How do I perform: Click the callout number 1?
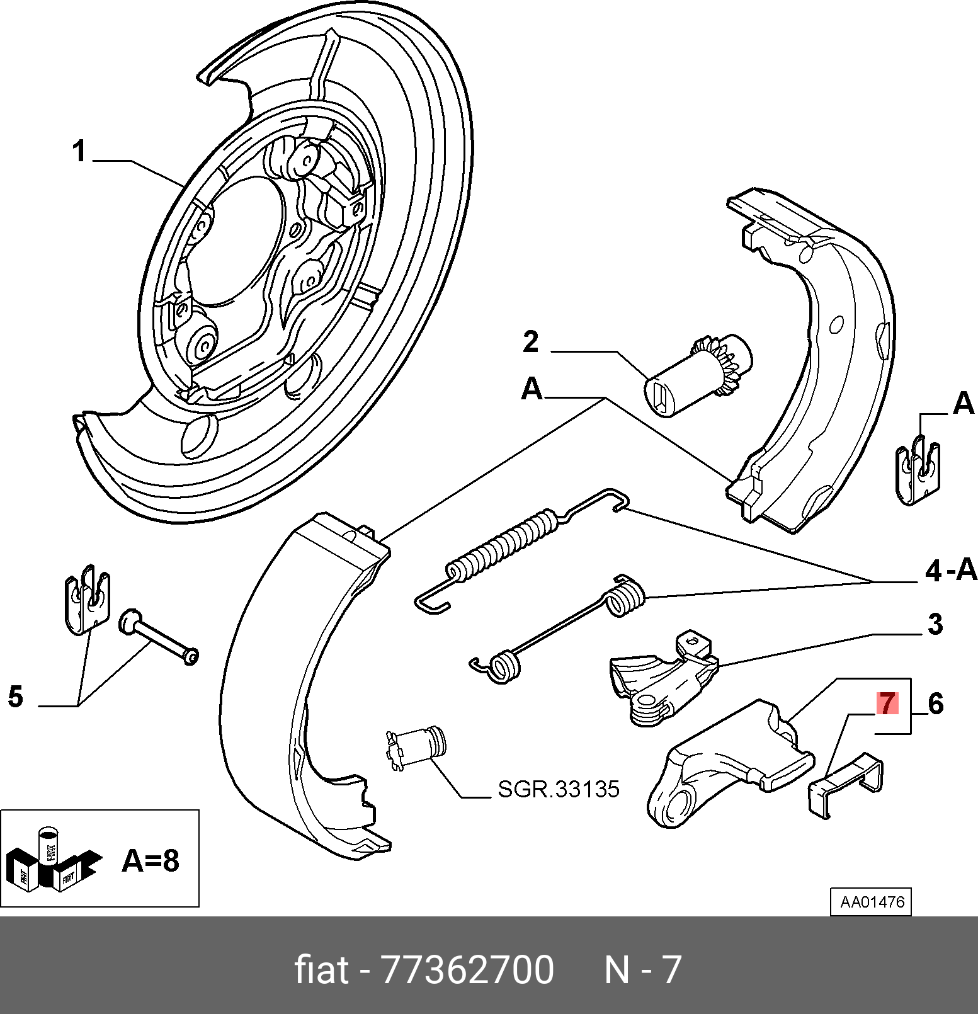(x=79, y=152)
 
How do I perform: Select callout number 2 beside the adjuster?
(x=531, y=342)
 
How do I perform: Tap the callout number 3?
(x=935, y=624)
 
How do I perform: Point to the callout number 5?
(x=16, y=697)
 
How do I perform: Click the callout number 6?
(x=936, y=704)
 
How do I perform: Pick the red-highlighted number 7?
(x=887, y=704)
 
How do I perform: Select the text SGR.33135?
(x=559, y=789)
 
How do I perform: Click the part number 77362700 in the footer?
(x=468, y=969)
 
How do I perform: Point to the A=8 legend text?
(x=151, y=860)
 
